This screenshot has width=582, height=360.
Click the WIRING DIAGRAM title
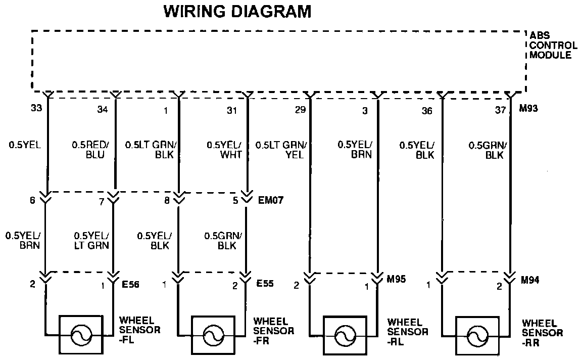pos(237,12)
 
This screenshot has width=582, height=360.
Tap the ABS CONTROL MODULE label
pos(553,45)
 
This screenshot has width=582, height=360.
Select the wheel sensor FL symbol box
pos(81,335)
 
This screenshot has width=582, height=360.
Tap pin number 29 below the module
pos(300,109)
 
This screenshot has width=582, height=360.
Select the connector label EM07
pos(271,200)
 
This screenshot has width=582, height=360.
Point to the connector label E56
pos(130,285)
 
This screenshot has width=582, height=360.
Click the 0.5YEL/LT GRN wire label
pos(91,241)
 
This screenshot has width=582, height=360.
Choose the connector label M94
pos(530,279)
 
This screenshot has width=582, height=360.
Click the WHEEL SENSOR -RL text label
pos(408,332)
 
